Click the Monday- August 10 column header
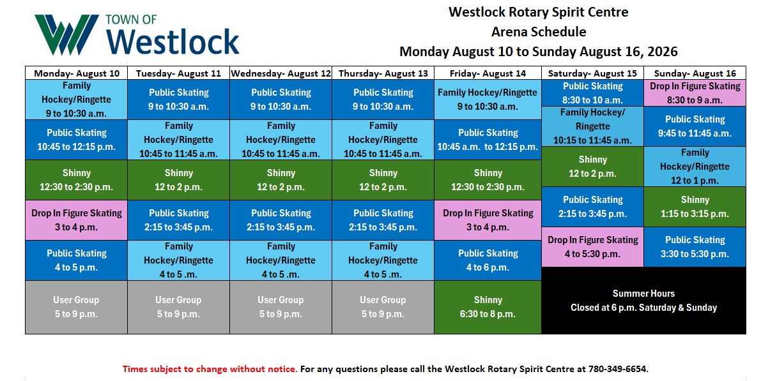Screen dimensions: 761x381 click(x=77, y=73)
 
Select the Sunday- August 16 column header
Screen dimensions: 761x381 click(x=695, y=73)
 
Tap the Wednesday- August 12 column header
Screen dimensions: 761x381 click(x=281, y=73)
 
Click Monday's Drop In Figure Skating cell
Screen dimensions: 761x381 click(x=77, y=220)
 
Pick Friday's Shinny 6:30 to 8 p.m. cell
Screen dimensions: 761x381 click(x=488, y=307)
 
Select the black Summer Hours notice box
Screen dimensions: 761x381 click(x=643, y=301)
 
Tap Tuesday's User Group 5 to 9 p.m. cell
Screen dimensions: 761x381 click(x=179, y=307)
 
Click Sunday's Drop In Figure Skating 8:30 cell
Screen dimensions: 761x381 click(x=695, y=93)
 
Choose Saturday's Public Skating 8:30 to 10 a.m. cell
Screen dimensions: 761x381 click(x=592, y=93)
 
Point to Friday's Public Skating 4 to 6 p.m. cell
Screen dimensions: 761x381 click(x=488, y=260)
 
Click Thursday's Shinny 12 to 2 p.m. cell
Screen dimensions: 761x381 click(x=383, y=180)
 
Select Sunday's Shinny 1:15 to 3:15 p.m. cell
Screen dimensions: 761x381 click(x=695, y=207)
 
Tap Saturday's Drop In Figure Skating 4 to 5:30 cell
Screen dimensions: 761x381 click(x=592, y=247)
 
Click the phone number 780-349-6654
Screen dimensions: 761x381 click(x=617, y=369)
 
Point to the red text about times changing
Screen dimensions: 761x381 click(x=210, y=369)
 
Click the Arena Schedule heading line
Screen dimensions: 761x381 click(x=539, y=32)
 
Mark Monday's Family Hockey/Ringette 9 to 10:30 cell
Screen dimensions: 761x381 click(x=77, y=100)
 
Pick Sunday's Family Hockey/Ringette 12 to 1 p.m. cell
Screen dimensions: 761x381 click(x=695, y=167)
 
